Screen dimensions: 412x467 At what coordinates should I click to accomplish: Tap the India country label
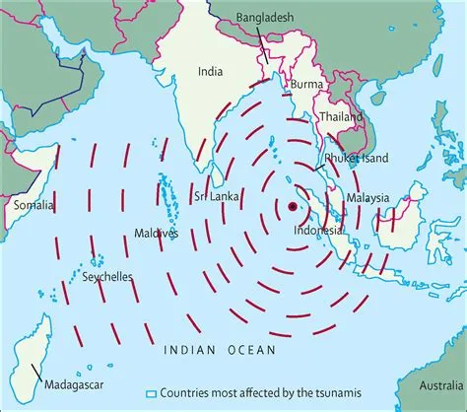pyautogui.click(x=210, y=71)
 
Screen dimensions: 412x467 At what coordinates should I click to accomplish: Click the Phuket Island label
pyautogui.click(x=356, y=158)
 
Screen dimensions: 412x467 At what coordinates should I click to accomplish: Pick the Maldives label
pyautogui.click(x=156, y=234)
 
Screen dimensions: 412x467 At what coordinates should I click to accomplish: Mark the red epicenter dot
pyautogui.click(x=293, y=206)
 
